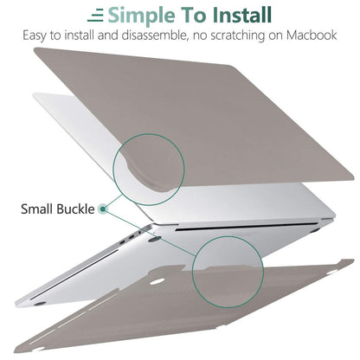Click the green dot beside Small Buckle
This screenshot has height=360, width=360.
[x=104, y=208]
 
